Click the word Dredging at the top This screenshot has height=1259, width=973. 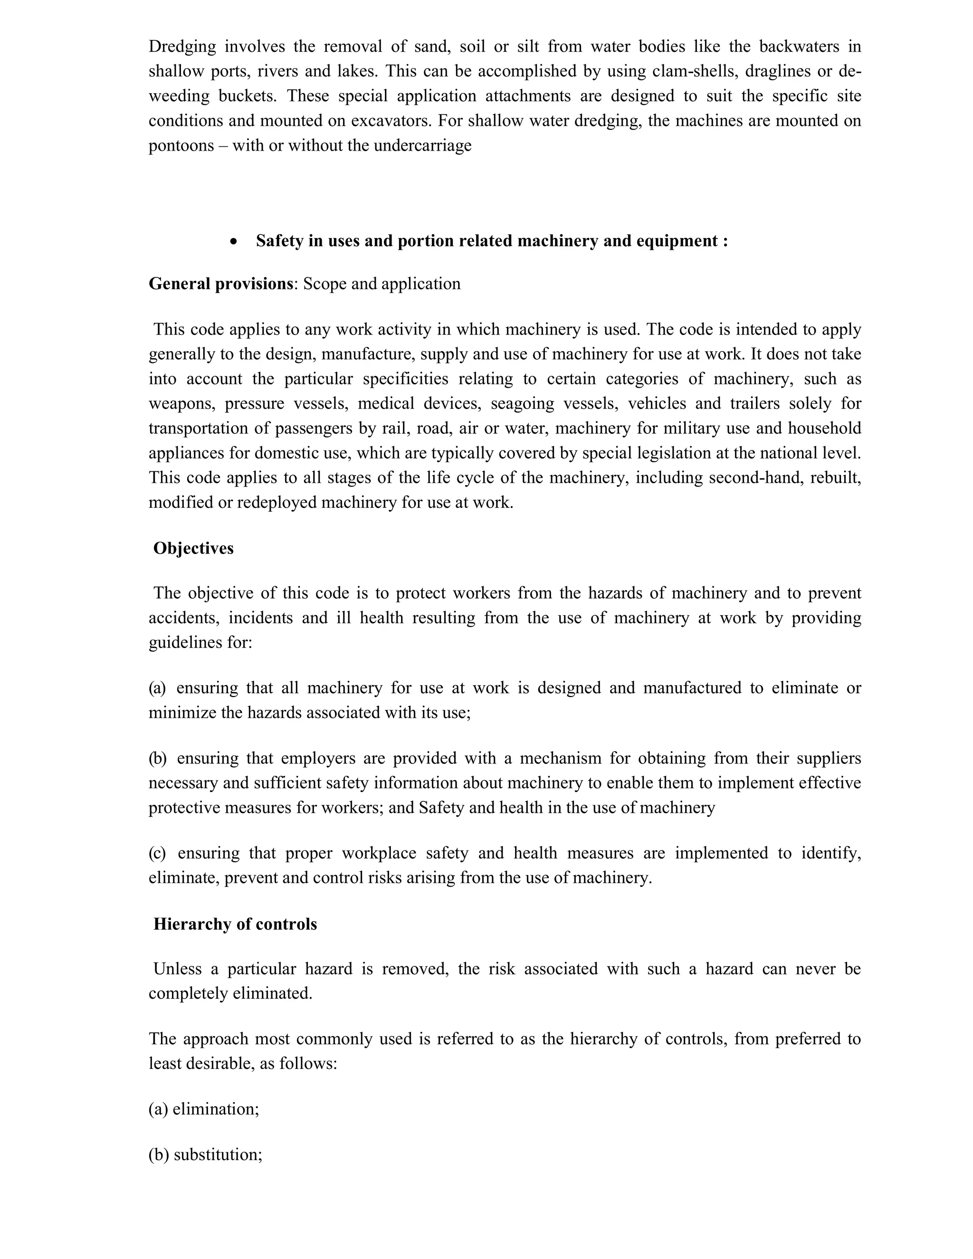[182, 47]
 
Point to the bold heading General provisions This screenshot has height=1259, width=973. [221, 284]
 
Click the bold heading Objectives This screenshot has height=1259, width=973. [193, 548]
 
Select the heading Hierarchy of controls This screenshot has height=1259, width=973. [235, 924]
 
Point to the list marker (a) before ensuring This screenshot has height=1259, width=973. [157, 688]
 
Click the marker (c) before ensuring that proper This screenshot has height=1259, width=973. [157, 853]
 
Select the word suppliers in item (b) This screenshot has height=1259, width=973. [829, 758]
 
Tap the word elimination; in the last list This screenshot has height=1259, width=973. [216, 1109]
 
